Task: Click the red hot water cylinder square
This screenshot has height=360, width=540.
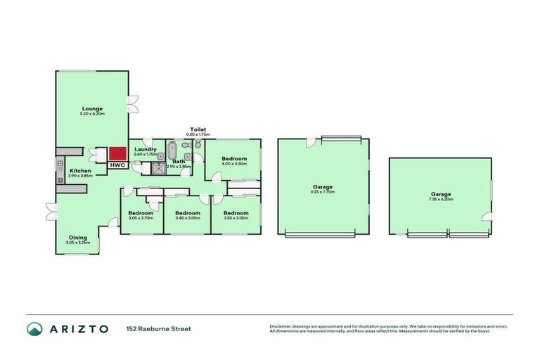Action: (117, 153)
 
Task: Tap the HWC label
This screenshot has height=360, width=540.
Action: (117, 165)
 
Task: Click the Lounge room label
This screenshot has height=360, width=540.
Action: (92, 108)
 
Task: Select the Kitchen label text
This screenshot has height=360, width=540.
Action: (79, 171)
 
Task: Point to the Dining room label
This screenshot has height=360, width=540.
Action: (78, 238)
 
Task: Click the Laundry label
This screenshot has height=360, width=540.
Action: (145, 149)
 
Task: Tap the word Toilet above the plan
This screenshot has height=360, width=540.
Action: (196, 129)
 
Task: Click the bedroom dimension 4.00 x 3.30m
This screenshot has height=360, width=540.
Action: (235, 164)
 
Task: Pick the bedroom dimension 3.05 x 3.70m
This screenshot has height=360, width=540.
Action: (141, 218)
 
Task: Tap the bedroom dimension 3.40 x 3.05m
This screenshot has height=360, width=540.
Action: (188, 218)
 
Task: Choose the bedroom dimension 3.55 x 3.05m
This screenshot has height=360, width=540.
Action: (236, 218)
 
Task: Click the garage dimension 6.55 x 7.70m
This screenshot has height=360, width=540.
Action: (323, 192)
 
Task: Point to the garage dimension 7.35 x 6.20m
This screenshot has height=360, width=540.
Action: (442, 199)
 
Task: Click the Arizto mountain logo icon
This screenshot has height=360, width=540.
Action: (34, 328)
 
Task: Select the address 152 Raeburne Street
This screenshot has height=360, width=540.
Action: (158, 328)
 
